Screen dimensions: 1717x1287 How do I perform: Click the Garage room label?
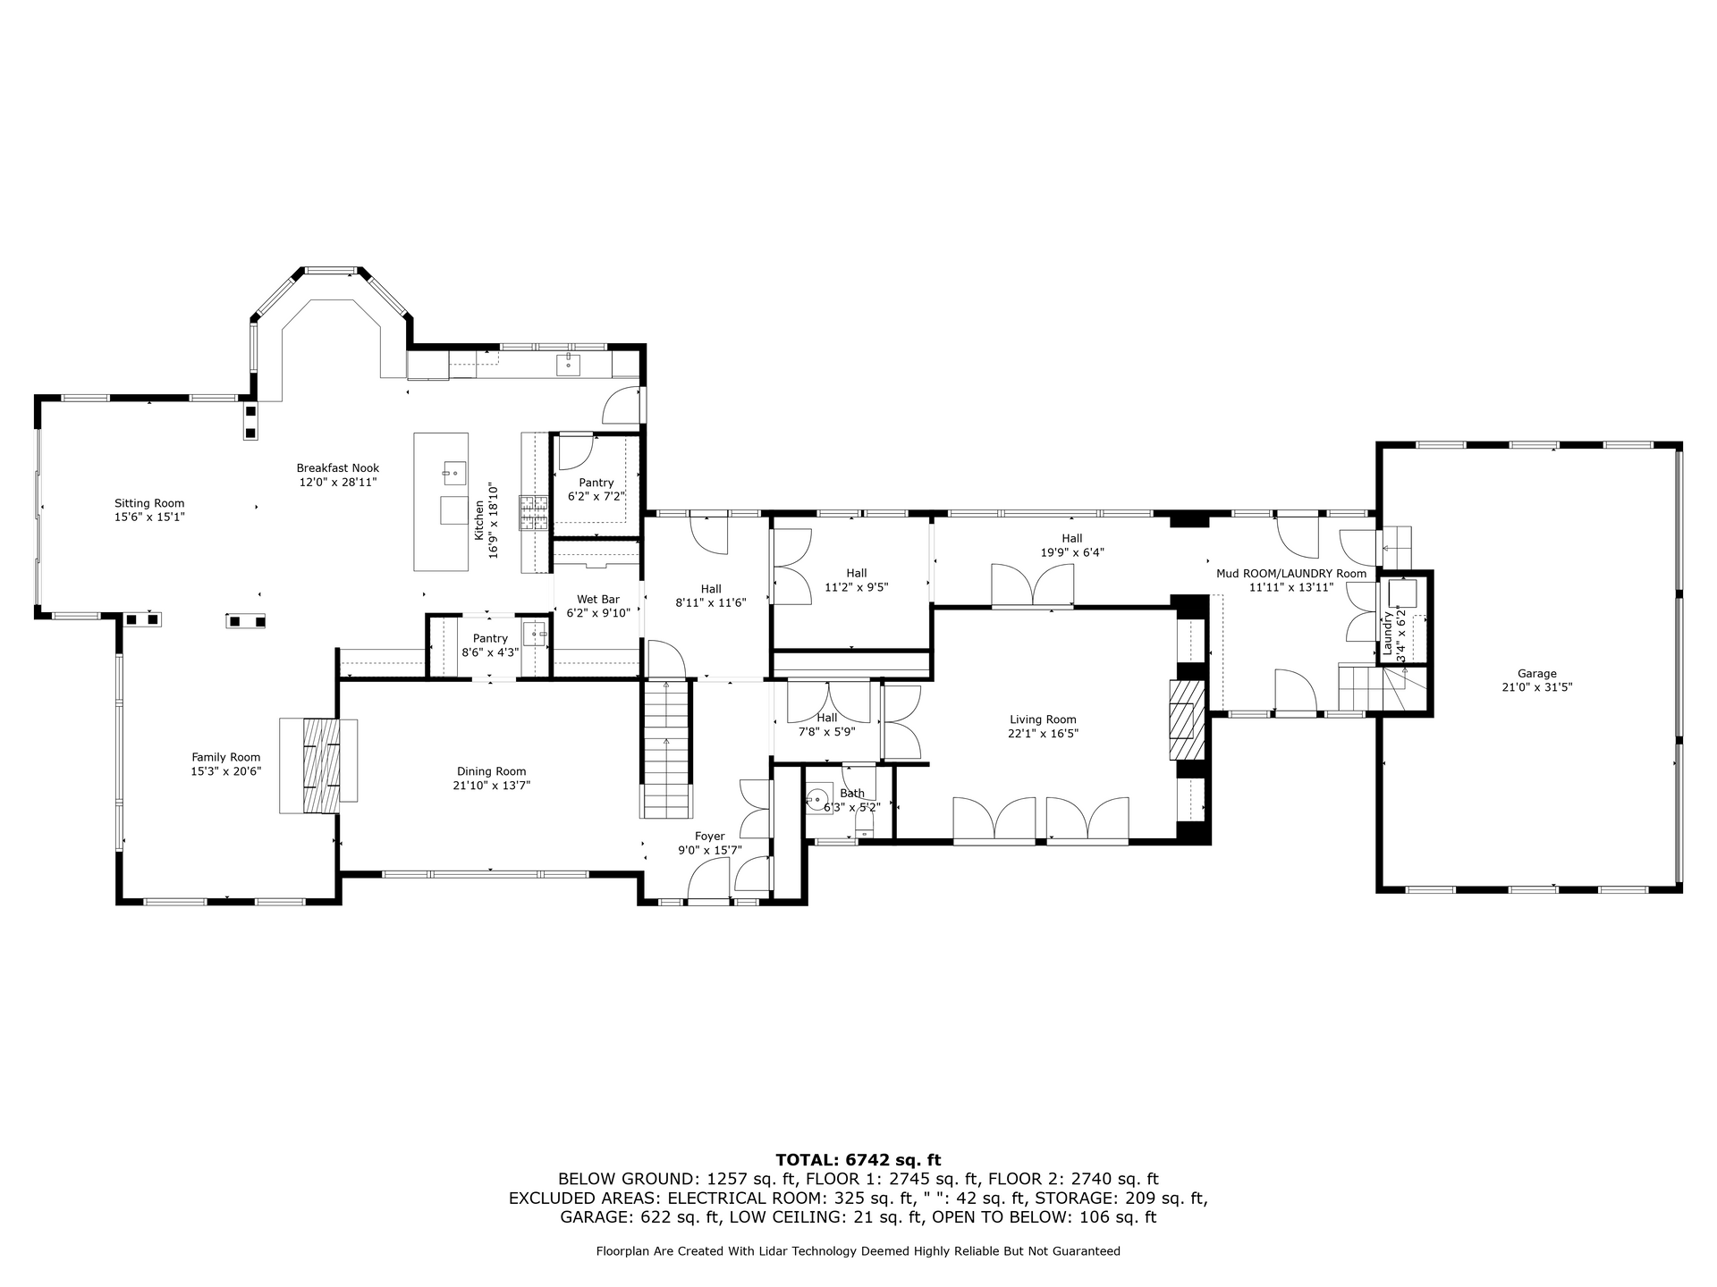coord(1536,674)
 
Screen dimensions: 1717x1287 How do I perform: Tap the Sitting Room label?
coord(149,503)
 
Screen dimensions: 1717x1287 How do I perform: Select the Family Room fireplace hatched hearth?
coord(321,765)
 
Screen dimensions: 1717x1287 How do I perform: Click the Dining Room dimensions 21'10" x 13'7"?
coord(491,786)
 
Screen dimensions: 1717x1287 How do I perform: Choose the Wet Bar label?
coord(598,599)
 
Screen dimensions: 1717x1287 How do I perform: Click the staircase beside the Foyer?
coord(666,749)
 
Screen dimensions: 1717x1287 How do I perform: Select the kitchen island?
coord(441,501)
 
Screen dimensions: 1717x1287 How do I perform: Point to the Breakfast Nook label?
coord(338,467)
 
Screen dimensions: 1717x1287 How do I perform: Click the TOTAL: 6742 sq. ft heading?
coord(858,1160)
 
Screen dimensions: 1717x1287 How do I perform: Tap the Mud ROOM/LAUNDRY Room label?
coord(1291,573)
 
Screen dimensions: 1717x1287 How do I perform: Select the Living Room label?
coord(1043,719)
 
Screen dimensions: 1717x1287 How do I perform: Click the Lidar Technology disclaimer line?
coord(858,1251)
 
